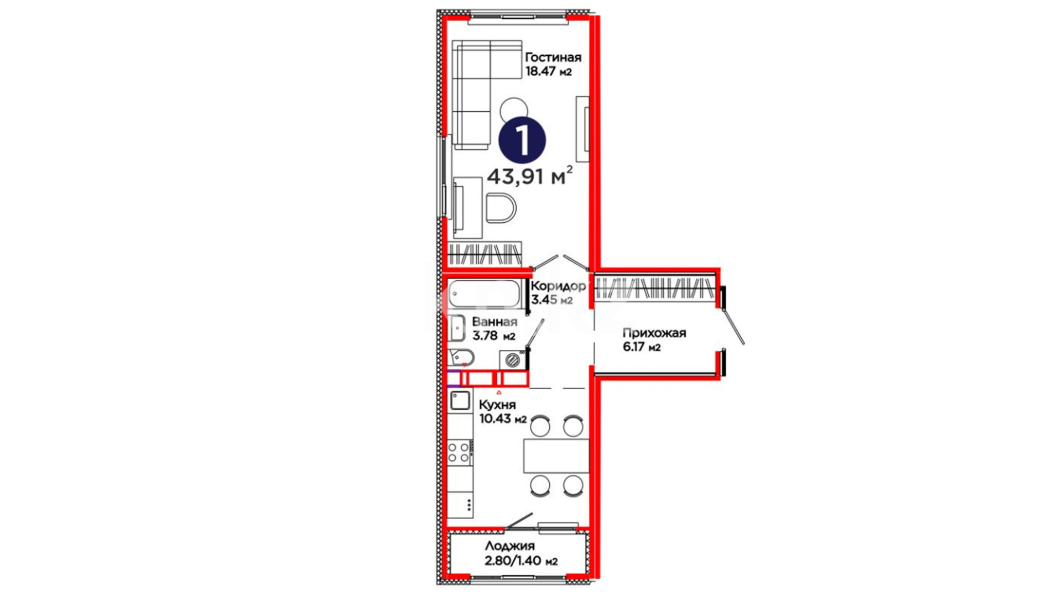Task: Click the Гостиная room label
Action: click(553, 57)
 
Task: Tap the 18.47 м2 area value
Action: click(549, 71)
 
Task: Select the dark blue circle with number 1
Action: click(522, 140)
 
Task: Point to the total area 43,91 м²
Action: click(529, 176)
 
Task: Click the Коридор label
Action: click(558, 286)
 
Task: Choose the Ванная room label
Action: click(494, 322)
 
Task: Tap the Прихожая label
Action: click(654, 333)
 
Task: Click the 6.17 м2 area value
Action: click(642, 347)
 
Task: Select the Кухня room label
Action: click(497, 405)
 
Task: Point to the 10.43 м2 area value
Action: click(503, 418)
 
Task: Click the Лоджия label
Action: click(510, 546)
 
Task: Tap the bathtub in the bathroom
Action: click(485, 294)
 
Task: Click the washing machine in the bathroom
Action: click(513, 360)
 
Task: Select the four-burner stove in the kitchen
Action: click(460, 452)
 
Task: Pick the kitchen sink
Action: click(460, 400)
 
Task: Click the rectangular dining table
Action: click(556, 456)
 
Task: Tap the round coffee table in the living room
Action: click(514, 109)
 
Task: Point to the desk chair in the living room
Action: click(501, 208)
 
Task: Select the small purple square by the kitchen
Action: click(454, 379)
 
